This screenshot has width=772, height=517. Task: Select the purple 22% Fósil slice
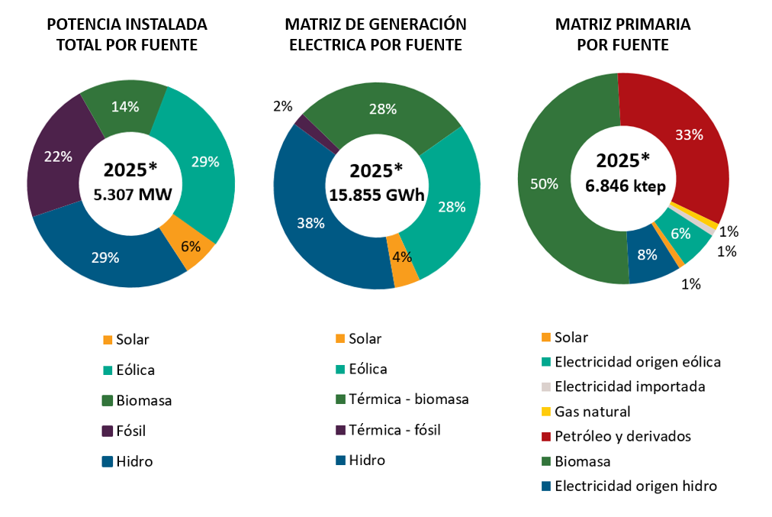point(57,157)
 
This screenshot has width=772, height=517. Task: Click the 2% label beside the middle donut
point(282,107)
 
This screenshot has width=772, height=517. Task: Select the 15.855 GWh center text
point(376,195)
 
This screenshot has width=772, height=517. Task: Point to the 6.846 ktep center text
point(622,185)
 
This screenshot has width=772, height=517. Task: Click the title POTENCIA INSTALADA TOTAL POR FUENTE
point(127,35)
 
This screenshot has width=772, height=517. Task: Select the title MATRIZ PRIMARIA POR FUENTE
point(622,35)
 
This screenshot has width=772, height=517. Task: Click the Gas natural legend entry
point(592,412)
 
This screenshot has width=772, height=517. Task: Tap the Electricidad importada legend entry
point(629,386)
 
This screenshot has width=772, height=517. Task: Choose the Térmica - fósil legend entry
point(394,430)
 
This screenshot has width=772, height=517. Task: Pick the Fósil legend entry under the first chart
point(130,431)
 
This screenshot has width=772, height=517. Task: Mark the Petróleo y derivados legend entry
point(622,436)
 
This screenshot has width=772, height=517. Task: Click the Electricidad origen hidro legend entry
point(635,486)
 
